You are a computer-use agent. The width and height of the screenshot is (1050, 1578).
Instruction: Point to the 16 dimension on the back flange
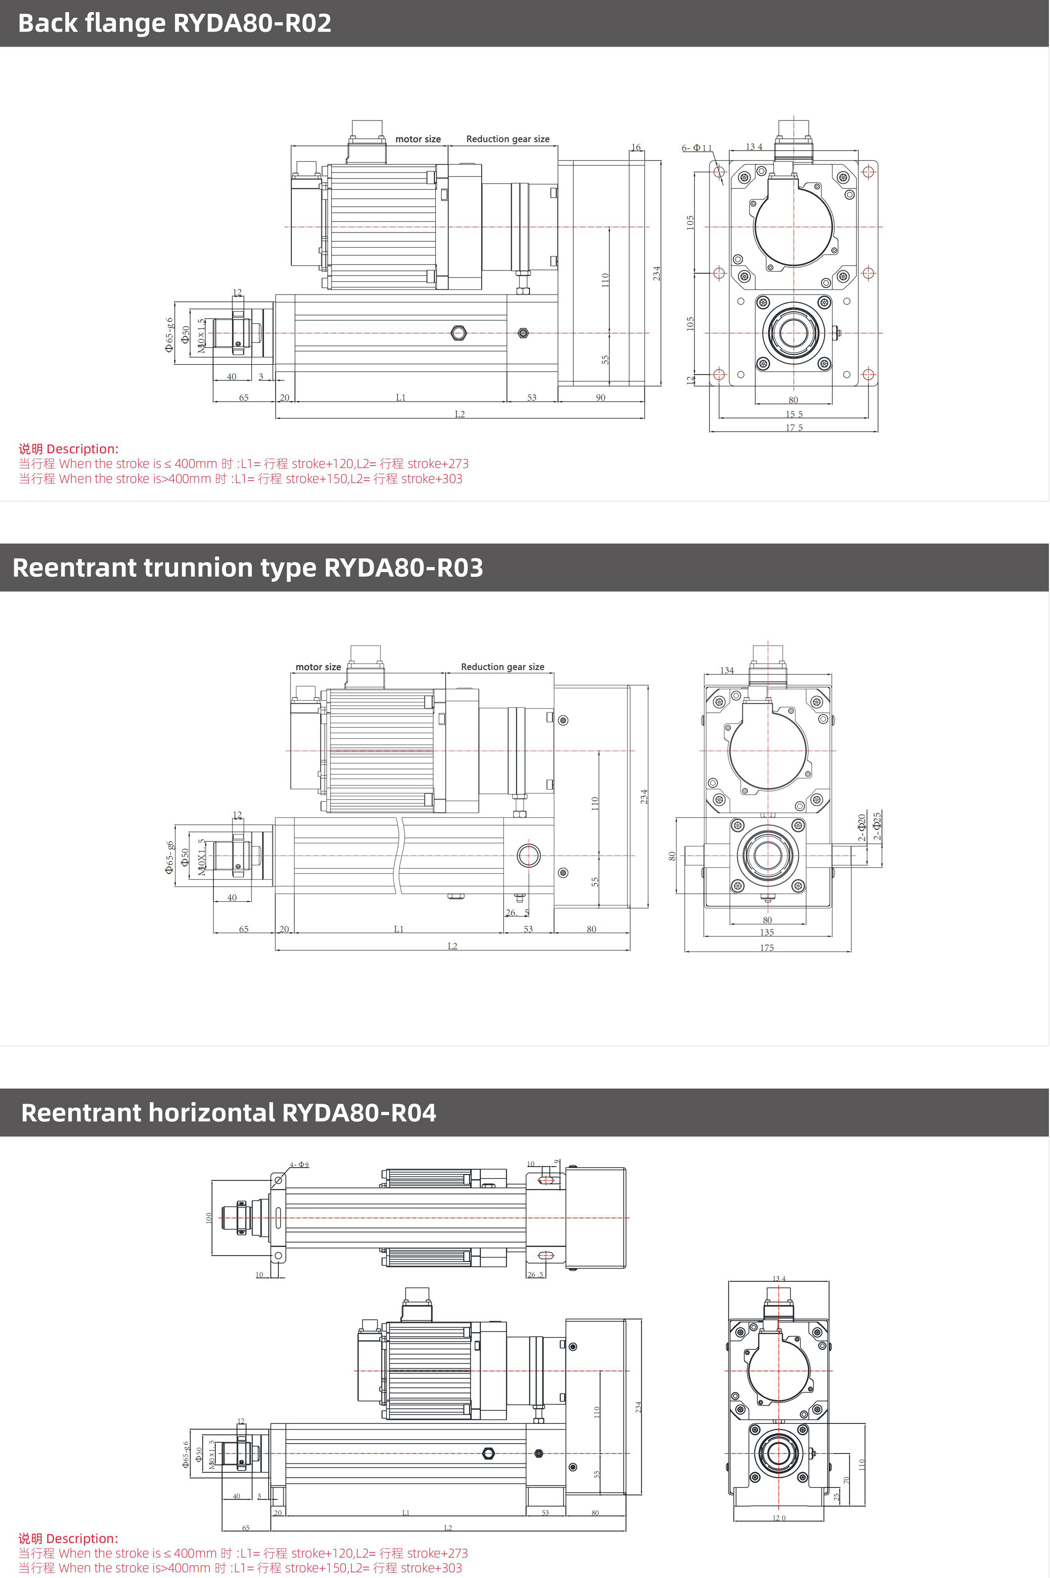(635, 147)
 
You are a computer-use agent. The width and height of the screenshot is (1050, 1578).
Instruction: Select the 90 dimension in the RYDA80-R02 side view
(601, 398)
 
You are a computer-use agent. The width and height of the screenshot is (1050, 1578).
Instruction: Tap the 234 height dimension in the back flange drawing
(657, 273)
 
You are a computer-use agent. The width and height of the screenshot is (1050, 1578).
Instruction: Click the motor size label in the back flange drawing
(418, 139)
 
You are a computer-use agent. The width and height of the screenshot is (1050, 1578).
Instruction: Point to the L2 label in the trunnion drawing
(453, 946)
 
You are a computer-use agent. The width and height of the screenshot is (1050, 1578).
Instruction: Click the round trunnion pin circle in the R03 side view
(528, 855)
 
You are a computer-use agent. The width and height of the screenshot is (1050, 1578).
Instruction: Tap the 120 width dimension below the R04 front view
(779, 1518)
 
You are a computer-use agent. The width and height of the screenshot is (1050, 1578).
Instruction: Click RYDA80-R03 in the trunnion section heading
(403, 568)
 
